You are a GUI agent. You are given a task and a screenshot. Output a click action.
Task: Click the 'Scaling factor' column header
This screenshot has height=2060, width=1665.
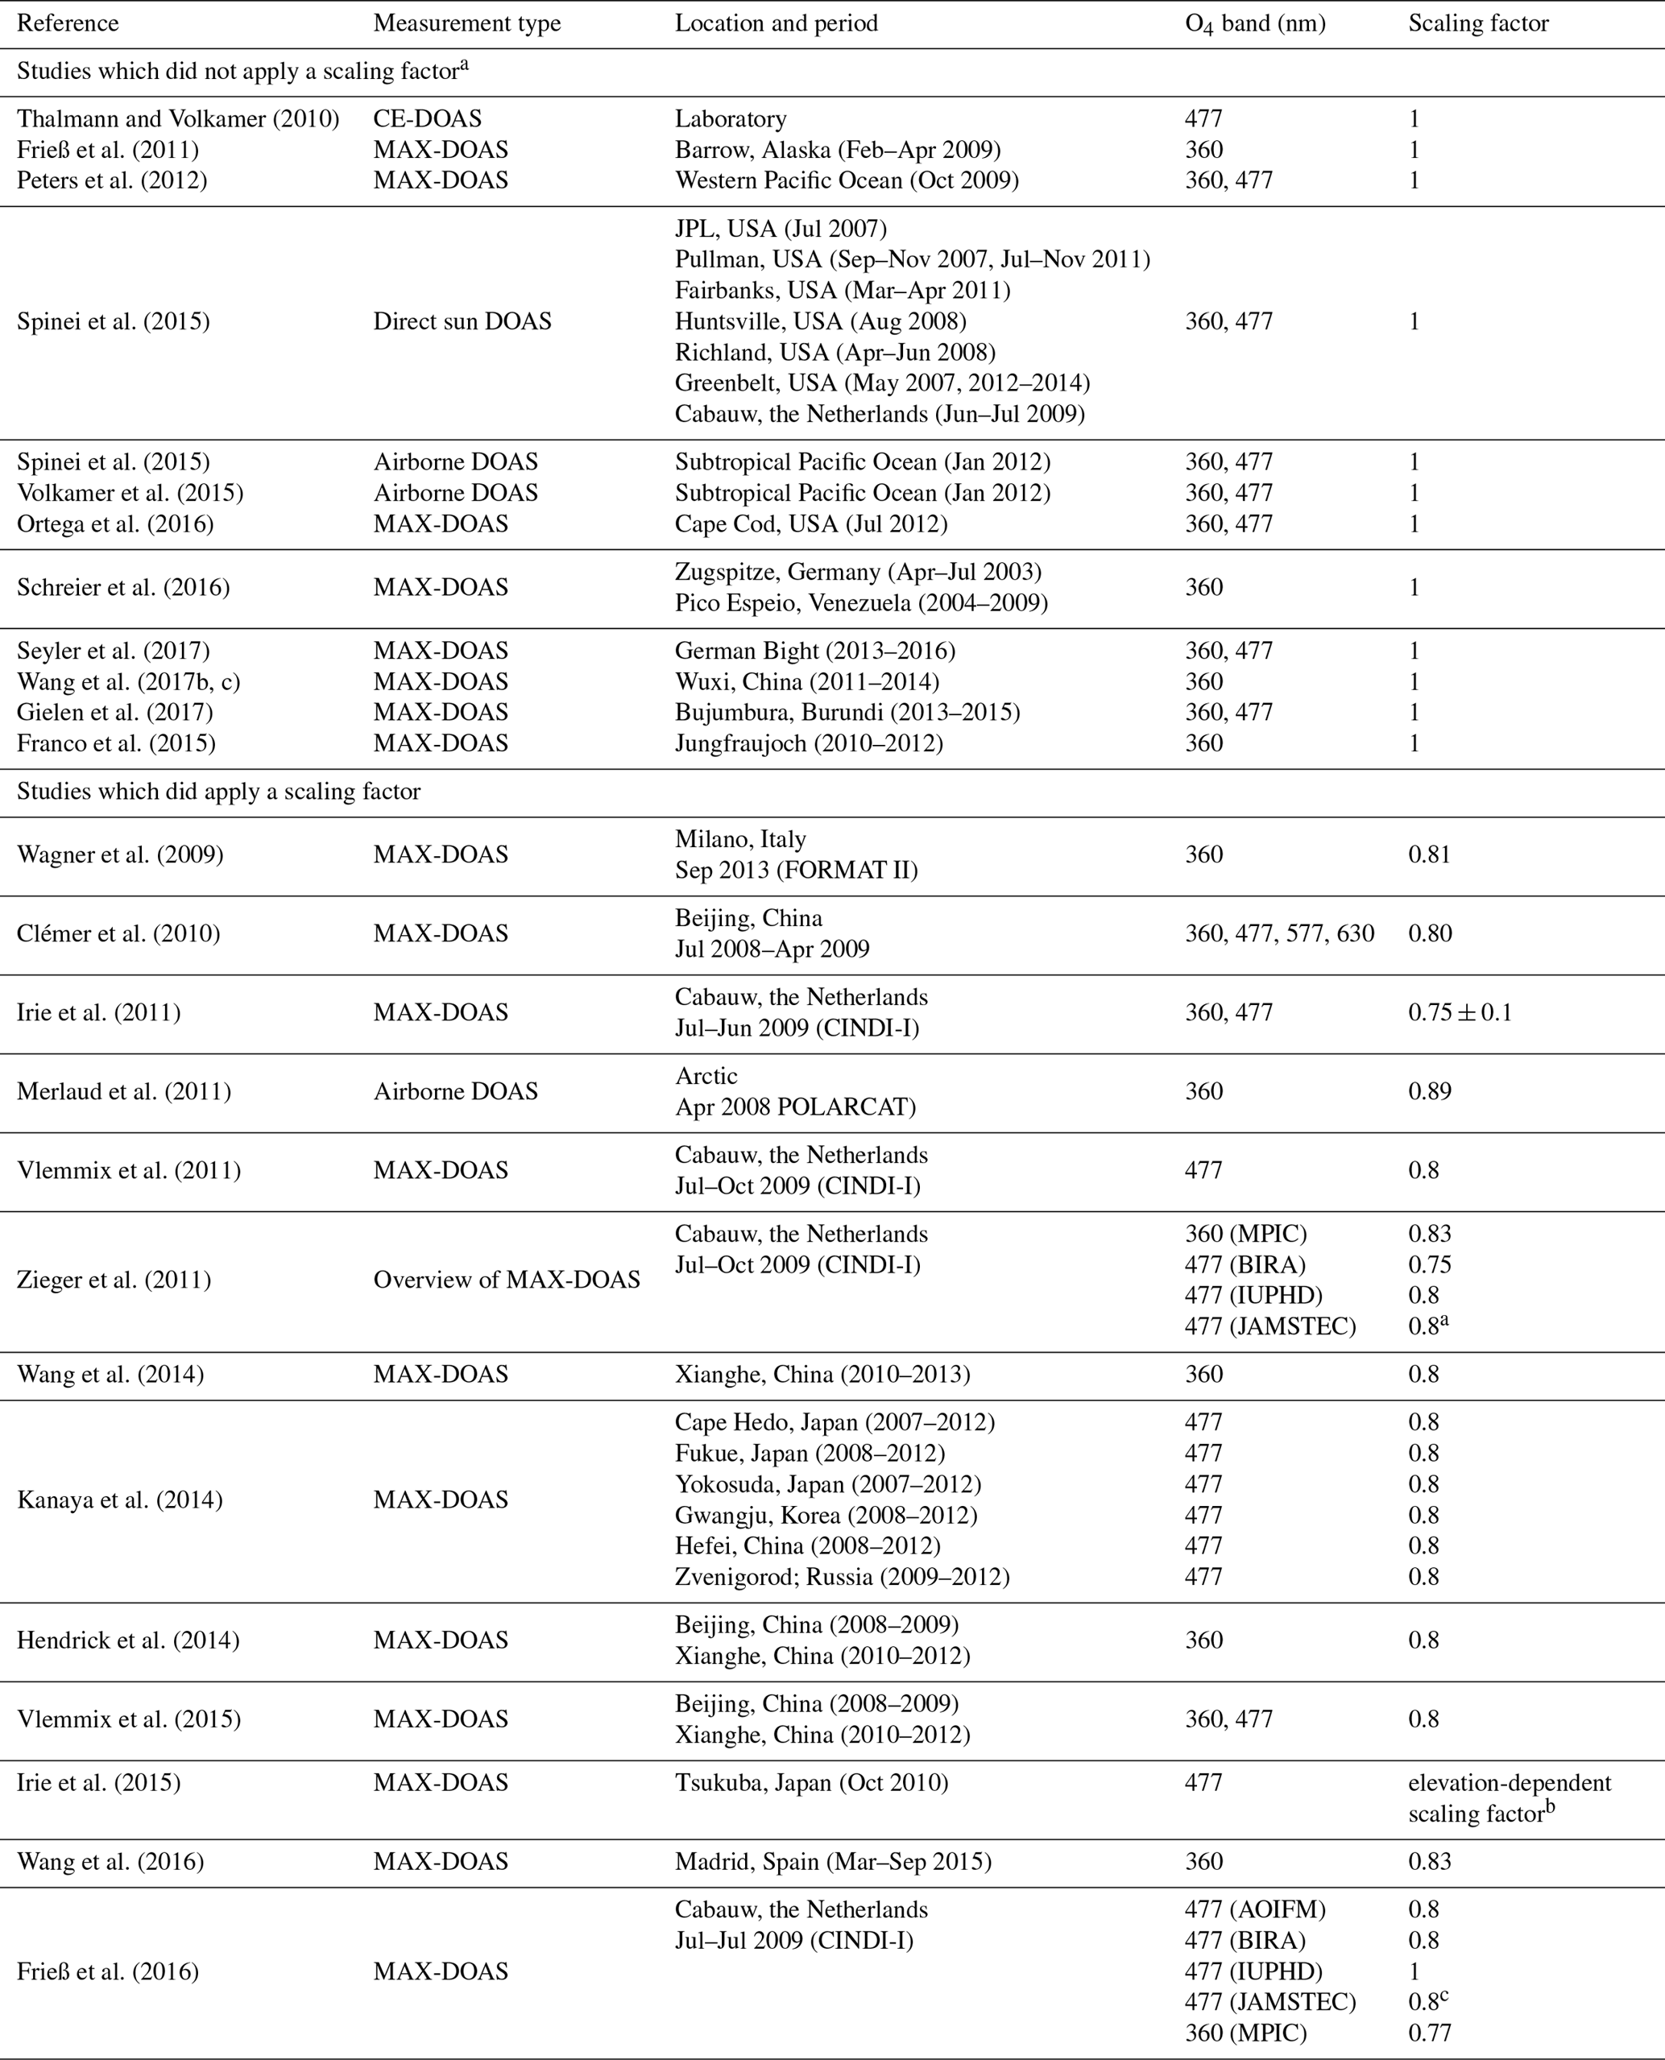click(x=1478, y=23)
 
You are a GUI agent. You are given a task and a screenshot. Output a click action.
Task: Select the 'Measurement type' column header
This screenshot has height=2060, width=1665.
click(x=467, y=23)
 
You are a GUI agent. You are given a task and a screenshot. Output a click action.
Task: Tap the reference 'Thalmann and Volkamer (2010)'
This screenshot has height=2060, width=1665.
click(x=178, y=119)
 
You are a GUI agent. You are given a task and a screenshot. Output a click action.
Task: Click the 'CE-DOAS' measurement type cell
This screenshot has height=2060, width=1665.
click(x=427, y=119)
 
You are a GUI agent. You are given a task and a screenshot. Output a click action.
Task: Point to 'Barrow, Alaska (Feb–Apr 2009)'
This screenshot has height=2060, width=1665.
click(x=837, y=150)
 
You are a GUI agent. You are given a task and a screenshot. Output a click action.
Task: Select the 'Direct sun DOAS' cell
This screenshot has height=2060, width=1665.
click(x=462, y=321)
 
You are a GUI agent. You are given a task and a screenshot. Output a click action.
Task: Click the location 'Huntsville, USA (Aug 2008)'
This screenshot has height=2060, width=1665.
click(x=820, y=321)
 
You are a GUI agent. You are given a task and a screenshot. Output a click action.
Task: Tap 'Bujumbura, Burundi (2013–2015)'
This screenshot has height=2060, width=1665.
click(x=847, y=713)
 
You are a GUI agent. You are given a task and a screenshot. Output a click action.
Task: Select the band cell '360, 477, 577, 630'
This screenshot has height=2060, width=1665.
click(x=1279, y=933)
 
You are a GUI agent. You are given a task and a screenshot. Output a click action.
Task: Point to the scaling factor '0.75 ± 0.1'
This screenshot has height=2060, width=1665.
click(x=1460, y=1013)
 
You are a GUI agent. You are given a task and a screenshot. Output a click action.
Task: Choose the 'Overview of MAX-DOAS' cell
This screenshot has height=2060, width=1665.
click(x=507, y=1280)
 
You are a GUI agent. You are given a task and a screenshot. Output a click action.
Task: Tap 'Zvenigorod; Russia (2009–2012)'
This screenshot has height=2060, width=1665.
click(x=842, y=1577)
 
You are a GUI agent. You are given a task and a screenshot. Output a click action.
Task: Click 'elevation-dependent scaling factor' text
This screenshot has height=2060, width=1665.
click(x=1509, y=1797)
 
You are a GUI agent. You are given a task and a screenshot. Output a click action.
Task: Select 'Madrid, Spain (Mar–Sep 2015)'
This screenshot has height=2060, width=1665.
click(x=834, y=1861)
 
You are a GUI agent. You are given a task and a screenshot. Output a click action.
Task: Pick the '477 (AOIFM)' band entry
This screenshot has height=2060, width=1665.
click(x=1254, y=1909)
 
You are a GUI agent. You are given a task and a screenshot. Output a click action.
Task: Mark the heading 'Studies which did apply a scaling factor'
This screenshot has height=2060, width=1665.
click(x=218, y=792)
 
